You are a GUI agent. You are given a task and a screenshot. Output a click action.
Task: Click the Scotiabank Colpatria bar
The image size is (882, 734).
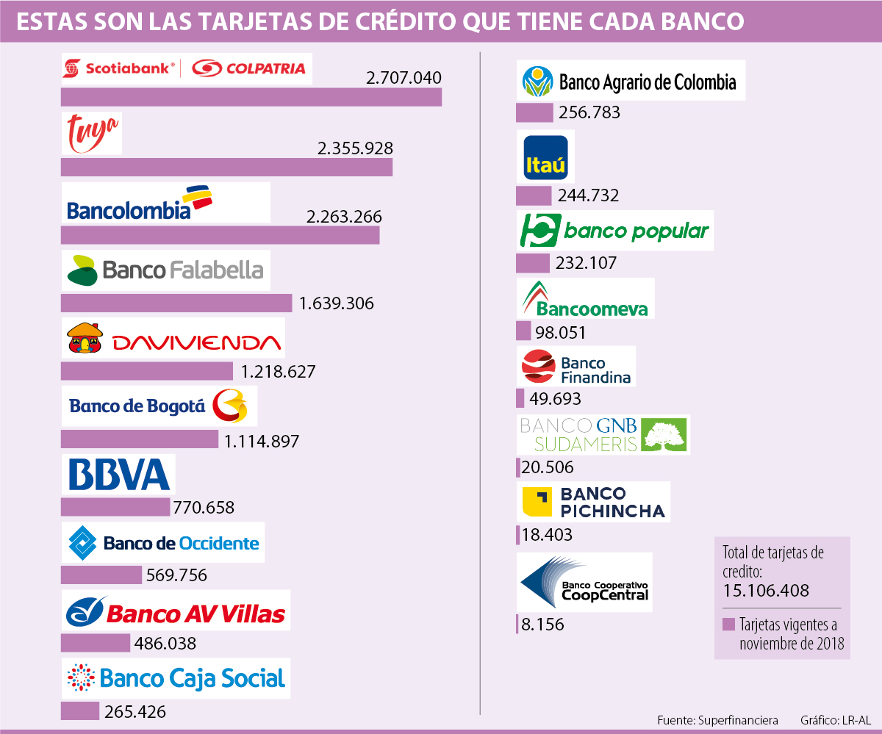coord(251,97)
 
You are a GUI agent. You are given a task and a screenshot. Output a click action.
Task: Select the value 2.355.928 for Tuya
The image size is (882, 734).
coord(355,148)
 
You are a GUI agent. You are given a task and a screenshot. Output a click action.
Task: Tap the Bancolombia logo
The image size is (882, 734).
coord(140,203)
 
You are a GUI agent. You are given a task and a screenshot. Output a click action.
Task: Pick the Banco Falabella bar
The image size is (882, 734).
coord(176,303)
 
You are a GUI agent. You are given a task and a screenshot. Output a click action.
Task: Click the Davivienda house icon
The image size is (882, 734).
coord(85,339)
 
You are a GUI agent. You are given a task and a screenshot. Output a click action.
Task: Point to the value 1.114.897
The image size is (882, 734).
coord(262,441)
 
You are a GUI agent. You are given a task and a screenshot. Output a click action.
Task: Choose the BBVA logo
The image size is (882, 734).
coord(118,474)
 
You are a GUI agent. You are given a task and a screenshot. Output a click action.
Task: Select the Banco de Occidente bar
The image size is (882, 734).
coord(101,575)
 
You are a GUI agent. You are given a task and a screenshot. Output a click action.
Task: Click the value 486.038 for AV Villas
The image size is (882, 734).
coord(165,644)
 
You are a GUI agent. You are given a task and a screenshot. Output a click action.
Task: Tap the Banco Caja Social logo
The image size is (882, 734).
coord(176,678)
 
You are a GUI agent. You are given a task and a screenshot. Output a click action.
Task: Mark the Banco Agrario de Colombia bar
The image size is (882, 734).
coord(534,112)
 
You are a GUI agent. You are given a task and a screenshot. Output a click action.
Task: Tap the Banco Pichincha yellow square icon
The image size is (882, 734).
coord(537,502)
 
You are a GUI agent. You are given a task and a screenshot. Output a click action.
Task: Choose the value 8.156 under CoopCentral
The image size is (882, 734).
coord(542,625)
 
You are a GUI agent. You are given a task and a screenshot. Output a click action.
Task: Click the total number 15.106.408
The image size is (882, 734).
coord(765,590)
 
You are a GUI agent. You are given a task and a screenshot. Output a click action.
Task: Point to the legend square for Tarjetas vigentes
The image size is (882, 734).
coord(729,625)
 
